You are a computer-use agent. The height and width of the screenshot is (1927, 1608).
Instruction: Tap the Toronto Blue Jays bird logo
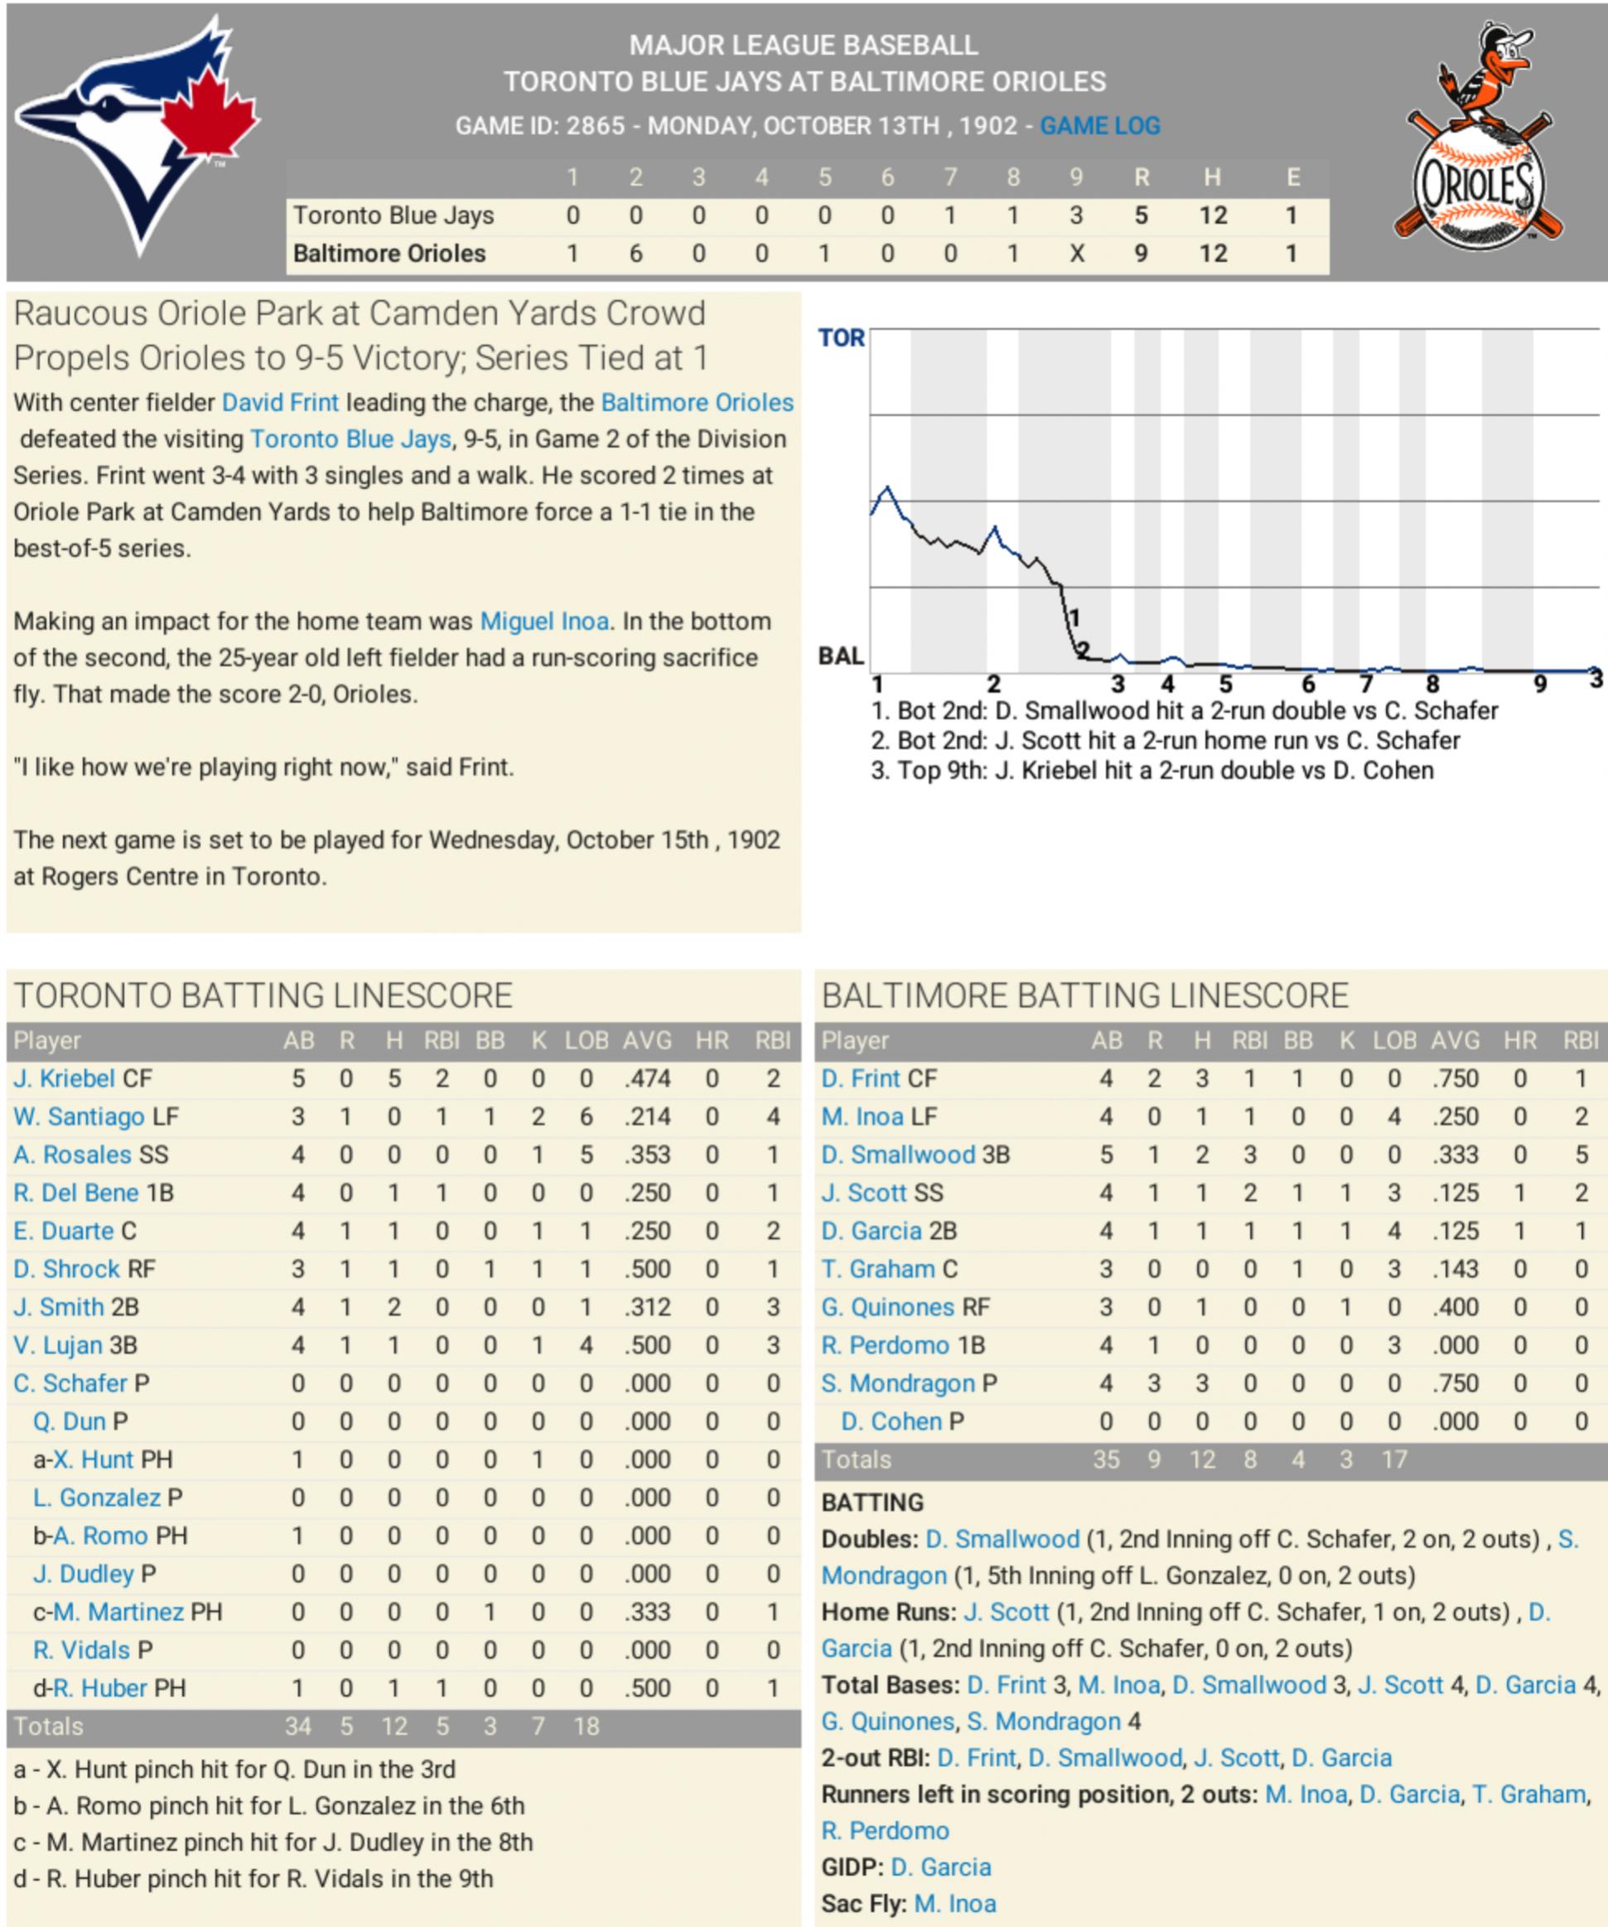[138, 133]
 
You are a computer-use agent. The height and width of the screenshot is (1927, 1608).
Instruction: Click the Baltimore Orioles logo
[1477, 138]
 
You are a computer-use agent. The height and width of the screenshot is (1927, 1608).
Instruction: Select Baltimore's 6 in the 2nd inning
[635, 254]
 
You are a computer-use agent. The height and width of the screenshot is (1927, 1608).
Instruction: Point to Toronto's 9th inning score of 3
[1076, 215]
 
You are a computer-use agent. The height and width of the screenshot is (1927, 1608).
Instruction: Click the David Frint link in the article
[280, 403]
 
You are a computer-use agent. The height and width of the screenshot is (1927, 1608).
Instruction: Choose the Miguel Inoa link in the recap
[544, 622]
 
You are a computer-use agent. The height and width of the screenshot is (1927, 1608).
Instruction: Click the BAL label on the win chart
[841, 656]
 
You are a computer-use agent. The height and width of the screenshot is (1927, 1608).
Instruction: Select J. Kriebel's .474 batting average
[648, 1078]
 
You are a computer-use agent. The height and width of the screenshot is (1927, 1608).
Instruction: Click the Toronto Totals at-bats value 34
[298, 1726]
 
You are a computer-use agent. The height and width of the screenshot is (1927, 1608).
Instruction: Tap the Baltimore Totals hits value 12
[1201, 1459]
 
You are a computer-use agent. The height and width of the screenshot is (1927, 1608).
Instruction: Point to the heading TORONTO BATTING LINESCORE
[263, 995]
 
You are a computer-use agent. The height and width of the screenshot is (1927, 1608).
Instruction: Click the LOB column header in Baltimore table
[1394, 1041]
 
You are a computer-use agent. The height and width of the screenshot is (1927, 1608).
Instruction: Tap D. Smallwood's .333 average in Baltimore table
[1456, 1155]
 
